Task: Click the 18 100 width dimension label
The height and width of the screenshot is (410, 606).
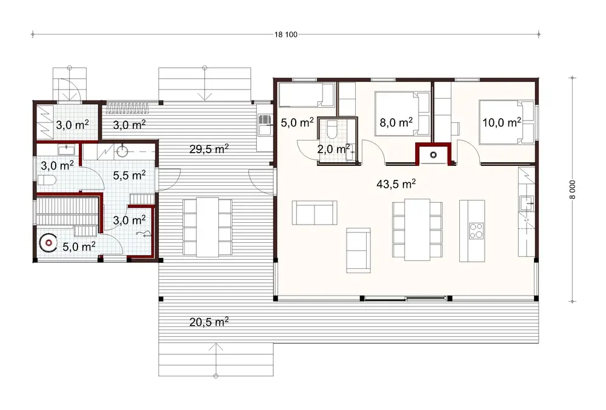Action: click(x=286, y=35)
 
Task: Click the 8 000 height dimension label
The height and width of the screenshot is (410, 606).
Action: click(x=571, y=190)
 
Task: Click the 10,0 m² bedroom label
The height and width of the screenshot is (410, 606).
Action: click(x=502, y=122)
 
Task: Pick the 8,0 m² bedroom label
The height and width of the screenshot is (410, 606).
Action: click(x=396, y=122)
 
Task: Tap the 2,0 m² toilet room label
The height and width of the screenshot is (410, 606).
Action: click(x=333, y=148)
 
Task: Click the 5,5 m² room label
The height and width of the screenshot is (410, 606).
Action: click(x=130, y=175)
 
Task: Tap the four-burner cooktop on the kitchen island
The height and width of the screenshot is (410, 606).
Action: click(x=477, y=230)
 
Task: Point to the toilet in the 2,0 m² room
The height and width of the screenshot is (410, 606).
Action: click(x=331, y=128)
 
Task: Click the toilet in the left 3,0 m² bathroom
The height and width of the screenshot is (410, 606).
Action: click(x=46, y=180)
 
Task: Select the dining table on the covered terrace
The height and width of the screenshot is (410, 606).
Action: click(x=207, y=226)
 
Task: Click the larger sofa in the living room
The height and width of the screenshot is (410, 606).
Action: click(x=314, y=213)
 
